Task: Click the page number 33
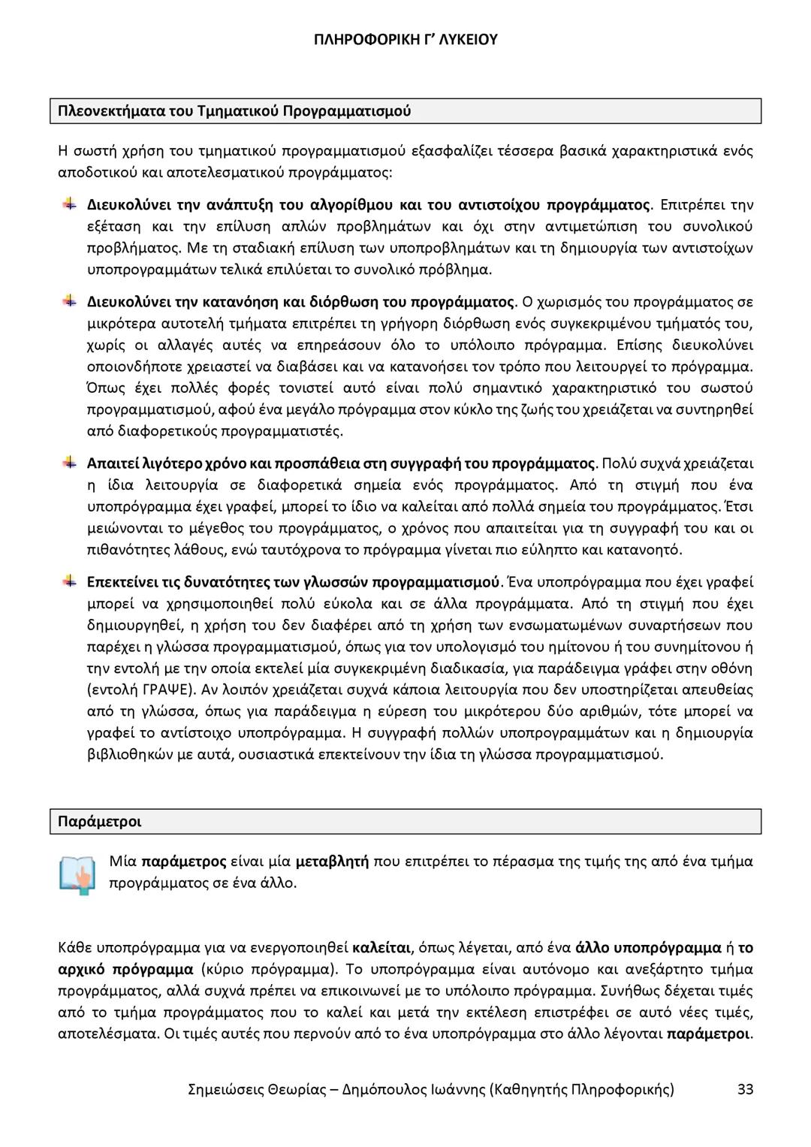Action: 745,1089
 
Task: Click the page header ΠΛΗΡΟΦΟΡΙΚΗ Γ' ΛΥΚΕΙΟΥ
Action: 405,39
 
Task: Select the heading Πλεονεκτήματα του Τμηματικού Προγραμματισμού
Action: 234,111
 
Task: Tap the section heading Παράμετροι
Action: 99,821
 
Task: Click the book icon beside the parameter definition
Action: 77,874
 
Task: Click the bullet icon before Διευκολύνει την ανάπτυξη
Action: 69,204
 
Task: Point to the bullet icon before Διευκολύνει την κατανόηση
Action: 69,301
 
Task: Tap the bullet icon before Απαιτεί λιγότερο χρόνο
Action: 69,461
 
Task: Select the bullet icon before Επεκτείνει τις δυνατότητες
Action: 69,581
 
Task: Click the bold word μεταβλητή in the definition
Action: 332,862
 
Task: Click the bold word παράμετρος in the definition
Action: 184,862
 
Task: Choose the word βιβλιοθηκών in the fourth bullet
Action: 129,754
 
